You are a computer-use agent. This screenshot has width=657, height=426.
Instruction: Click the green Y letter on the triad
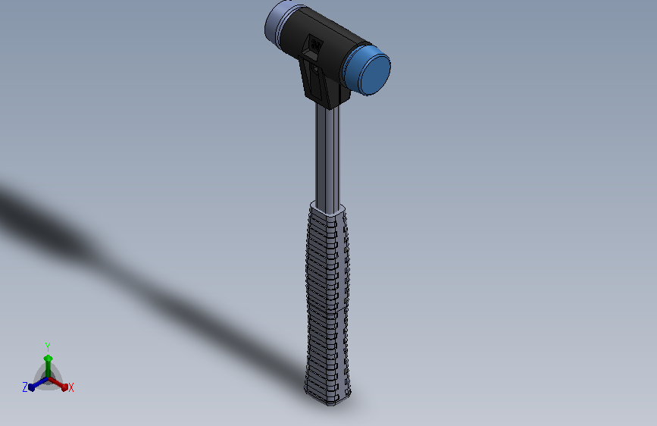click(48, 346)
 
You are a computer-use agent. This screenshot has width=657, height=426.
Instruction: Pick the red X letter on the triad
click(71, 388)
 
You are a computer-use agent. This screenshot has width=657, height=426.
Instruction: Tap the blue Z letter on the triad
click(25, 387)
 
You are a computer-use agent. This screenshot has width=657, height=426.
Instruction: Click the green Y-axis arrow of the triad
click(48, 362)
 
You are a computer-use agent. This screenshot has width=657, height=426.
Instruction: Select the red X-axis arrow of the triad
click(61, 384)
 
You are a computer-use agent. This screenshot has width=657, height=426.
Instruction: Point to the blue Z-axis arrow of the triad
click(35, 385)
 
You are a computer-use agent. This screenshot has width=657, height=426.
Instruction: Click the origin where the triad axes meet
click(48, 378)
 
